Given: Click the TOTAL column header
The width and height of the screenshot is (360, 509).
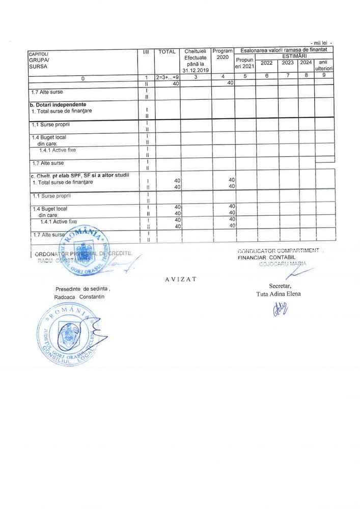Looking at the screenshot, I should (167, 52).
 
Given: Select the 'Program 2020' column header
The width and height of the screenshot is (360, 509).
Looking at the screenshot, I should (223, 54).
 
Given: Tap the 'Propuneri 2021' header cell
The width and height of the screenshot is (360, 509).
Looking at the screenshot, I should (244, 63).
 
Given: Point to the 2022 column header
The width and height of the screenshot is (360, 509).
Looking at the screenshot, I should (266, 63).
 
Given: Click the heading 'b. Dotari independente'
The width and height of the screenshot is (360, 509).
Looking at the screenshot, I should (58, 104).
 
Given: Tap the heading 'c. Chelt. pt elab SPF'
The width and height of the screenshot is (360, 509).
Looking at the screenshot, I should (79, 176).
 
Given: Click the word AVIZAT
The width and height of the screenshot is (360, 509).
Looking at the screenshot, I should (181, 279).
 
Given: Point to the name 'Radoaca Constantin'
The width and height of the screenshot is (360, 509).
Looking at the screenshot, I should (79, 297).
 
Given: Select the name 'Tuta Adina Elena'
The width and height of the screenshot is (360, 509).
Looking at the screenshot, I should (279, 294).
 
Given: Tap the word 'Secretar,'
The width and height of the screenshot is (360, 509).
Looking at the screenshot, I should (280, 287).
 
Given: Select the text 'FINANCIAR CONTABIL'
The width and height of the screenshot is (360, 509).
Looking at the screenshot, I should (266, 257).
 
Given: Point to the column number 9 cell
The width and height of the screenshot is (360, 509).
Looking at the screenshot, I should (324, 76).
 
